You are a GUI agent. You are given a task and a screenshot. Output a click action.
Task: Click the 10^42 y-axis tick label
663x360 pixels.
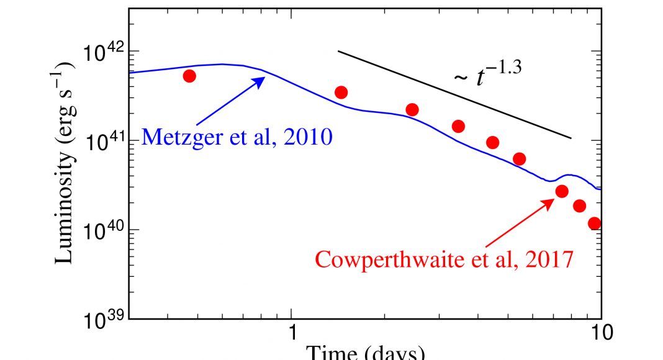(x=102, y=53)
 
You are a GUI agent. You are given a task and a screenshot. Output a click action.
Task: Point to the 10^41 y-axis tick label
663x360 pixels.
(x=102, y=142)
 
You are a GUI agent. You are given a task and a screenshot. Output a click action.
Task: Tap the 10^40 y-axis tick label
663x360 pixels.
(x=102, y=232)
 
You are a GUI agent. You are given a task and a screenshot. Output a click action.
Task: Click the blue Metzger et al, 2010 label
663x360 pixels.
(x=237, y=136)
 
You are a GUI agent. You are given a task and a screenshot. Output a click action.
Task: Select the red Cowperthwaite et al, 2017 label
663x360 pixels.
(x=443, y=258)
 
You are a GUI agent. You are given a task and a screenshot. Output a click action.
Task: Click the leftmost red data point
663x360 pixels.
(x=190, y=76)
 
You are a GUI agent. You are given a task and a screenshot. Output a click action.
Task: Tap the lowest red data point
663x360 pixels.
(x=595, y=223)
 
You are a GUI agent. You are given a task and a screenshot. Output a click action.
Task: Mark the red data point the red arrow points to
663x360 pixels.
(x=562, y=191)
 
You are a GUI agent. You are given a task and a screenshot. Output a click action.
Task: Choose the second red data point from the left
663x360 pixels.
(x=341, y=92)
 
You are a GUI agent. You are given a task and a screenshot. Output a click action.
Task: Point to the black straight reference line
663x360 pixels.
(x=453, y=94)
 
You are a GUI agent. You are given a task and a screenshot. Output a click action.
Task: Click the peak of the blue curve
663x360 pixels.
(x=222, y=64)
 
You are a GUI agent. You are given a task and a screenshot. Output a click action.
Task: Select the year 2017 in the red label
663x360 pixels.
(x=544, y=258)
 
